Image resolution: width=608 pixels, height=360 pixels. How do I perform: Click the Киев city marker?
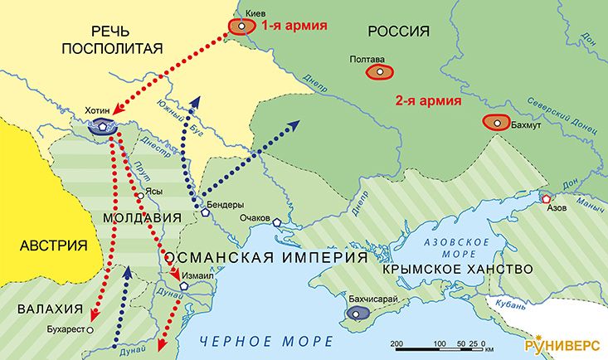point(241,26)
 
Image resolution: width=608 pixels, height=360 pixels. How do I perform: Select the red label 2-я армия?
point(428,102)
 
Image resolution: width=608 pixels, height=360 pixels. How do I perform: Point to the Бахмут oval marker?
point(497,123)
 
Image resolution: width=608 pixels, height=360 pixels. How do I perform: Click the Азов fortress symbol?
point(547,198)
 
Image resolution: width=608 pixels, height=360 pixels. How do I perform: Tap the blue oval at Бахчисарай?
point(359,313)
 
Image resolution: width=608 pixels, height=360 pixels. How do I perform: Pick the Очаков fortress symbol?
point(276,221)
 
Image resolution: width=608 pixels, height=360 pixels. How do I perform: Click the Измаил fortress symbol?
point(184,285)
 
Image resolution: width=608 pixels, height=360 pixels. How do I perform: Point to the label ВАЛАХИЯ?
point(50,309)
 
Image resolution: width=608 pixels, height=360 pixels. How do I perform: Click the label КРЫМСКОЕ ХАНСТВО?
point(457,270)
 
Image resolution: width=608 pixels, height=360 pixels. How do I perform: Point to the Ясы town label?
point(153,190)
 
